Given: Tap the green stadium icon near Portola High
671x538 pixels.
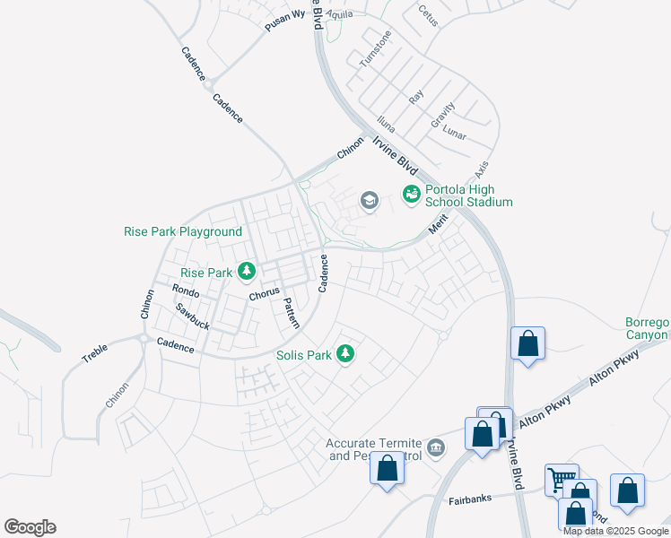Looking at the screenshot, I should click(x=412, y=194).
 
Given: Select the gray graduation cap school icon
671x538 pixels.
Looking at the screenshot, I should click(x=369, y=201).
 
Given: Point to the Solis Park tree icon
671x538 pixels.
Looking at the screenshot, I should click(x=345, y=355).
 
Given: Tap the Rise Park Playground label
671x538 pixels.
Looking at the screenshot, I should click(x=183, y=231).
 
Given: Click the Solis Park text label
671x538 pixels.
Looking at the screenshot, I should click(x=304, y=355).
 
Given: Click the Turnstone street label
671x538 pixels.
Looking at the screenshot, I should click(x=376, y=49).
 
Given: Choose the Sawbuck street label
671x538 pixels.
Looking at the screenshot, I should click(x=192, y=316).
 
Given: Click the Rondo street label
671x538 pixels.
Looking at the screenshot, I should click(x=185, y=291).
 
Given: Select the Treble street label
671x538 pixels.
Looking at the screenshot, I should click(x=95, y=351).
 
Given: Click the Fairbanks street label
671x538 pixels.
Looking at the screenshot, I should click(x=470, y=499).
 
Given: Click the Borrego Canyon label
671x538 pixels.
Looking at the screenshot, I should click(x=647, y=329).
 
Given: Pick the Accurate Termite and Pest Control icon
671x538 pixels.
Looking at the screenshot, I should click(x=436, y=447).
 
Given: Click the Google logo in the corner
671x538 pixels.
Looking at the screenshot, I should click(x=30, y=527).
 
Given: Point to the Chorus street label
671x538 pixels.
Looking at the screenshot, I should click(x=265, y=294).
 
